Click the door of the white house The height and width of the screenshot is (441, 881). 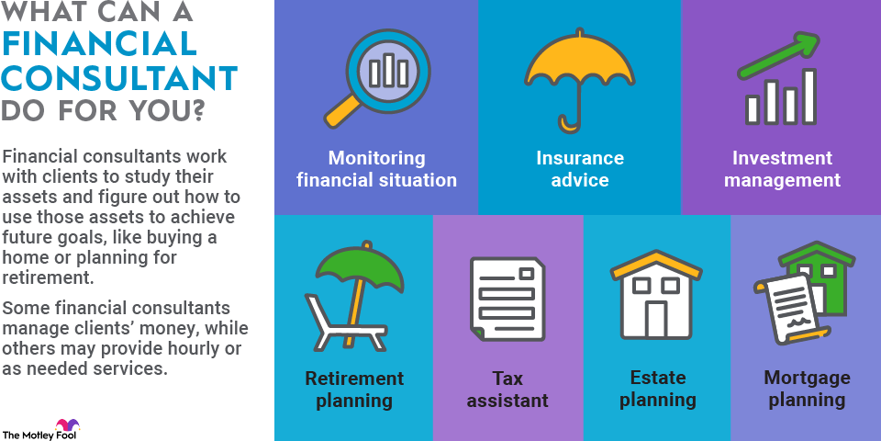click(655, 319)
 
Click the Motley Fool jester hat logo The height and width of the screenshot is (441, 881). click(67, 424)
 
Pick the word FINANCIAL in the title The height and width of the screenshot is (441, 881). click(99, 43)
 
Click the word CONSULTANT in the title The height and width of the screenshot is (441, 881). click(119, 78)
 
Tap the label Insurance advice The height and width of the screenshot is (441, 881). click(580, 169)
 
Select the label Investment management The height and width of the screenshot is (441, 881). click(782, 169)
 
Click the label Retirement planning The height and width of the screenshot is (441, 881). click(354, 390)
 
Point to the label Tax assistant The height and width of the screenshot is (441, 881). click(507, 390)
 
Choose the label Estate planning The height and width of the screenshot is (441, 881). click(657, 390)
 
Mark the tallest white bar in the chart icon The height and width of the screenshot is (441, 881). click(809, 96)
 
